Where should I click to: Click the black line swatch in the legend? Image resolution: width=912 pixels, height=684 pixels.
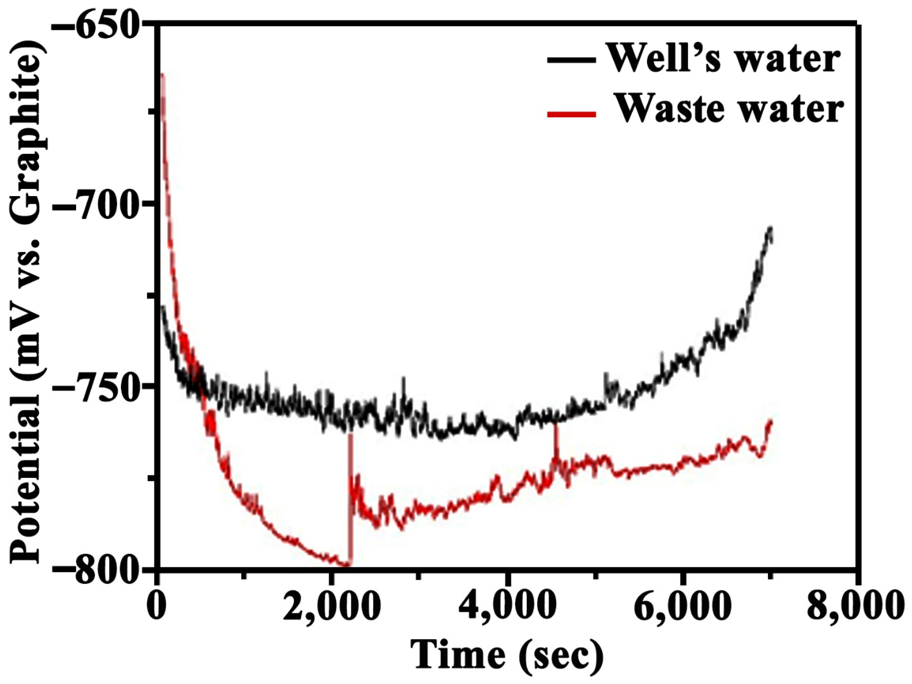point(571,61)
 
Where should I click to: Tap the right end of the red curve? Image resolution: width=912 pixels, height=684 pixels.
point(770,421)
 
